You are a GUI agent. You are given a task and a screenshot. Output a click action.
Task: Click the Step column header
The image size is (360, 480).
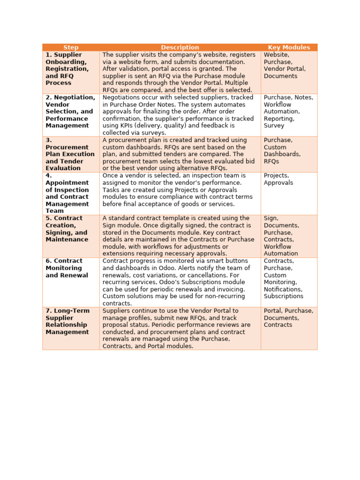71,47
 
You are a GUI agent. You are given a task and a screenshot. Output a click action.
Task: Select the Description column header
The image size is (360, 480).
180,47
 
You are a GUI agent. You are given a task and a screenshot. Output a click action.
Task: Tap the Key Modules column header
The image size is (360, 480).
289,47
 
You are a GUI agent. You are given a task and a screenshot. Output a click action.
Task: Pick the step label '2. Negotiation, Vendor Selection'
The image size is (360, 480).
70,112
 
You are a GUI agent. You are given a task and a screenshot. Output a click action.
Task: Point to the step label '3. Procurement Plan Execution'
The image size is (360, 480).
70,154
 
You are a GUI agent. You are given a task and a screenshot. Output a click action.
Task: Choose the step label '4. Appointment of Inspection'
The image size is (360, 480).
67,193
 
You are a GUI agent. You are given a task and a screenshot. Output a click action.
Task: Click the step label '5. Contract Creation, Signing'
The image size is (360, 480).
67,229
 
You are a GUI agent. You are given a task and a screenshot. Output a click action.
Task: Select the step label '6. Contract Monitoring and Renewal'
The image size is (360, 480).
67,268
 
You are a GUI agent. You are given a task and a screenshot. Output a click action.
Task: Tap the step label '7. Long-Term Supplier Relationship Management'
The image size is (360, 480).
67,321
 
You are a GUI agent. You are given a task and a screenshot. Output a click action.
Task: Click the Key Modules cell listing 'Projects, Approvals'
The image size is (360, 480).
278,179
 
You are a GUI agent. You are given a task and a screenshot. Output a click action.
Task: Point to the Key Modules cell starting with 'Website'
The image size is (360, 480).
285,65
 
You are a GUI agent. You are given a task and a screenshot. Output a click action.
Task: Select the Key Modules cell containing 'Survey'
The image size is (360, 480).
288,112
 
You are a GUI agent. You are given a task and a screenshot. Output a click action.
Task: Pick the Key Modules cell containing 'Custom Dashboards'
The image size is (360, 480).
282,150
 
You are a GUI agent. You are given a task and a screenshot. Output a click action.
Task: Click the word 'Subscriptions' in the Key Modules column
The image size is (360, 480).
283,296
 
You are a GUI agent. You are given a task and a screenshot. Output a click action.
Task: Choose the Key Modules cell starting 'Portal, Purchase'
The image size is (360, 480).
288,318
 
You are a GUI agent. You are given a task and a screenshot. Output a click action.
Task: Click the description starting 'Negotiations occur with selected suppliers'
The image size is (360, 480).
180,115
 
